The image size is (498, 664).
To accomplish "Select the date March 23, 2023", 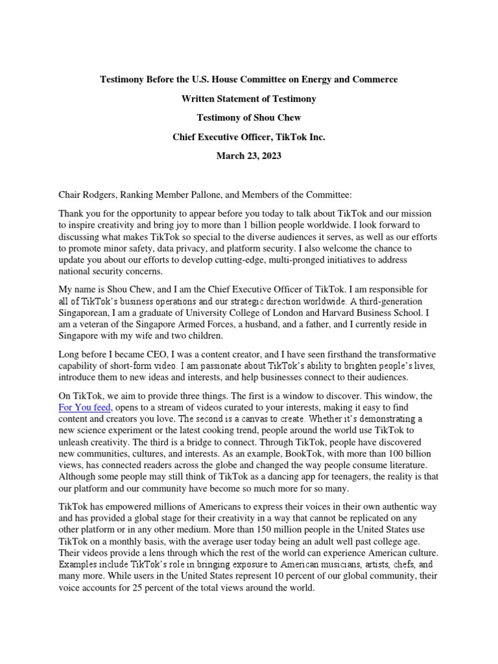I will (248, 156).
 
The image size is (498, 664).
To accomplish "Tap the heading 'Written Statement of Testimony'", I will (248, 99).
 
